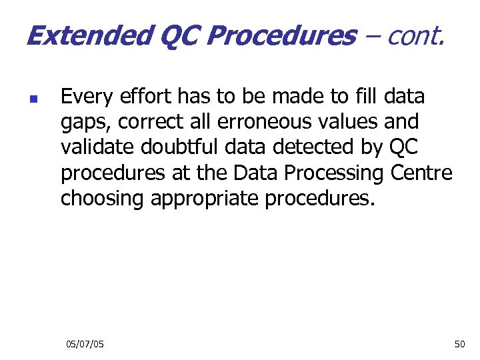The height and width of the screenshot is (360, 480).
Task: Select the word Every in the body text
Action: (84, 97)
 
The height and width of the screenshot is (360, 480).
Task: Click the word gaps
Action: (85, 123)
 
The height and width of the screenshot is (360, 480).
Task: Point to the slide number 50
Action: (459, 343)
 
